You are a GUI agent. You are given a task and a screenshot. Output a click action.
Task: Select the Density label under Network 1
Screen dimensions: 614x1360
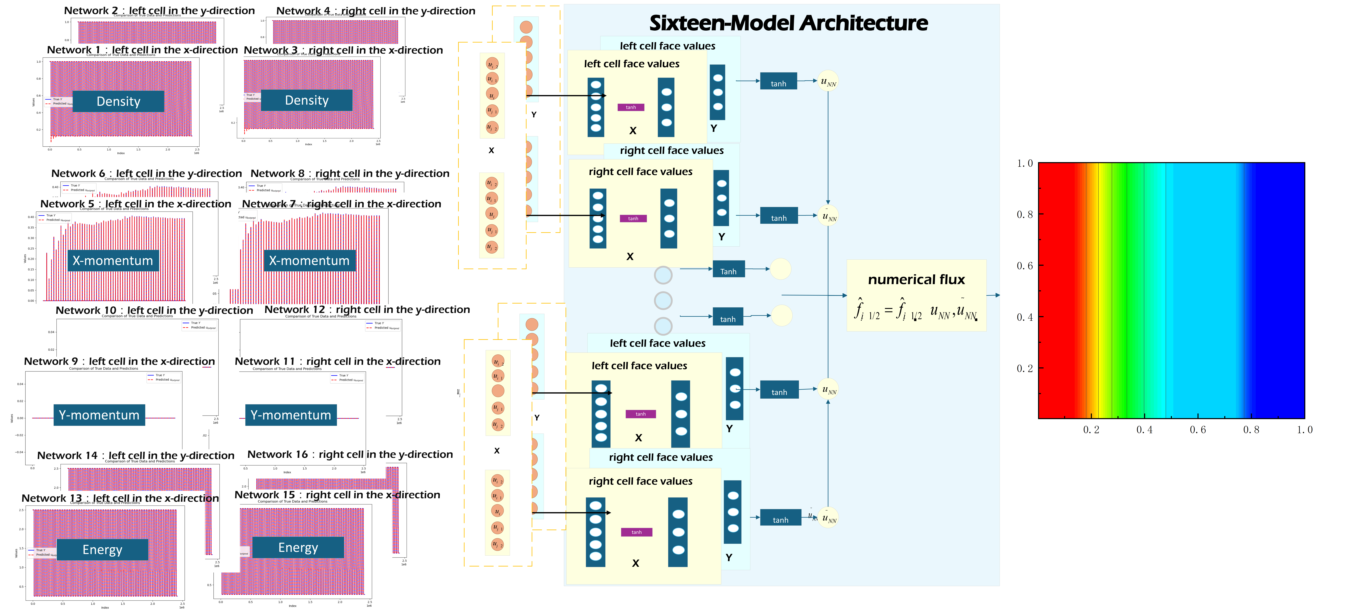pos(118,101)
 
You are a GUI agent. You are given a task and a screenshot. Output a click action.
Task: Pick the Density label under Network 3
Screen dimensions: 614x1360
pos(307,100)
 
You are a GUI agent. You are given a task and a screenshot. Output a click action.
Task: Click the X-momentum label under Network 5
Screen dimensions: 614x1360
pos(113,260)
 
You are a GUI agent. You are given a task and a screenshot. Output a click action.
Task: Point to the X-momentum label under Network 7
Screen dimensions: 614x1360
pos(309,260)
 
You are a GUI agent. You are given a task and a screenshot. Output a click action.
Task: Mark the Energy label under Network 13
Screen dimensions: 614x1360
pos(102,550)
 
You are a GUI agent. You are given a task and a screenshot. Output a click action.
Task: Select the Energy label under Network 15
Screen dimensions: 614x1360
pos(298,547)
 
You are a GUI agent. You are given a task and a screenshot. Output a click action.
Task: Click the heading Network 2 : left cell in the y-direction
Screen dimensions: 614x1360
pos(159,11)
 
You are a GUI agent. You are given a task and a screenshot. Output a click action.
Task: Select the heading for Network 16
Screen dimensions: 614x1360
pos(350,454)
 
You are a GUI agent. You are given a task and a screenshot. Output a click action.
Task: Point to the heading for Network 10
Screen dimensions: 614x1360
pos(154,310)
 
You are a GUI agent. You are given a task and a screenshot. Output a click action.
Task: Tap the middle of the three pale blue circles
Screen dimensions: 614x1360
pos(663,301)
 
